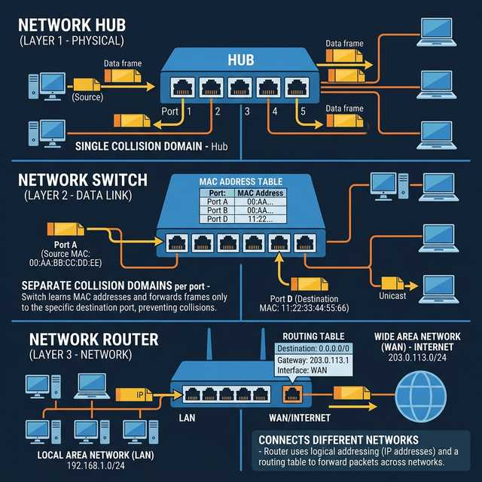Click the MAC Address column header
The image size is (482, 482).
tap(260, 193)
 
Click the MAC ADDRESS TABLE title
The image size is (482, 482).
tap(241, 182)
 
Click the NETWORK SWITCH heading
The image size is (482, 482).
tap(93, 181)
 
